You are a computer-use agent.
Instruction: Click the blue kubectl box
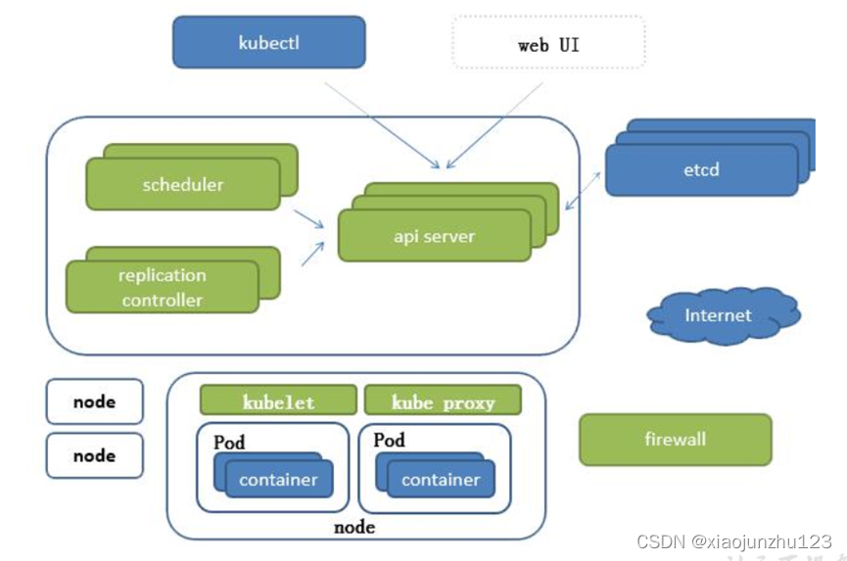268,42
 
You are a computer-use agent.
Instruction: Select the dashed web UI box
548,44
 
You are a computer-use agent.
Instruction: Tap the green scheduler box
183,184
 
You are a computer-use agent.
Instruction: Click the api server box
435,236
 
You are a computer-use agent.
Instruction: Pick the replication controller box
163,287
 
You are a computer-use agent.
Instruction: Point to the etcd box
701,169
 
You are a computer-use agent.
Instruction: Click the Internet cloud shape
720,315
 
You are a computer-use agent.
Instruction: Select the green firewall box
675,439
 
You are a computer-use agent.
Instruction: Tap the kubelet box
278,401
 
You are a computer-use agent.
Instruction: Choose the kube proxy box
443,401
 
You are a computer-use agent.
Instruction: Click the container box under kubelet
278,480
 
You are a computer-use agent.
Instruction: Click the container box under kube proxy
441,480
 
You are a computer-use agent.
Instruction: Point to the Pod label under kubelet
229,443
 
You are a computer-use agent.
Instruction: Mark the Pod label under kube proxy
389,441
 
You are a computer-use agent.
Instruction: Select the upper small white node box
94,401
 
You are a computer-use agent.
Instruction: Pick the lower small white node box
94,455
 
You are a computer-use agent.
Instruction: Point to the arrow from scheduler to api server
310,220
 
